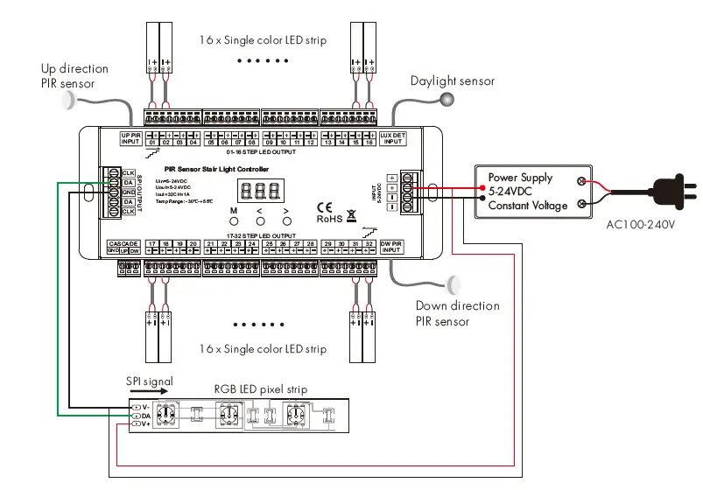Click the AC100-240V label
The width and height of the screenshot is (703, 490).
642,225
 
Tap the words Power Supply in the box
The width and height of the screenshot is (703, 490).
521,178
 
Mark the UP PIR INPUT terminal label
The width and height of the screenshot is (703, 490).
130,137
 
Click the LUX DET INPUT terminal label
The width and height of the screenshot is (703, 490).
393,137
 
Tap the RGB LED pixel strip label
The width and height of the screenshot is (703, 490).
260,388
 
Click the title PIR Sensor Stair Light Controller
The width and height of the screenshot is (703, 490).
217,170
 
